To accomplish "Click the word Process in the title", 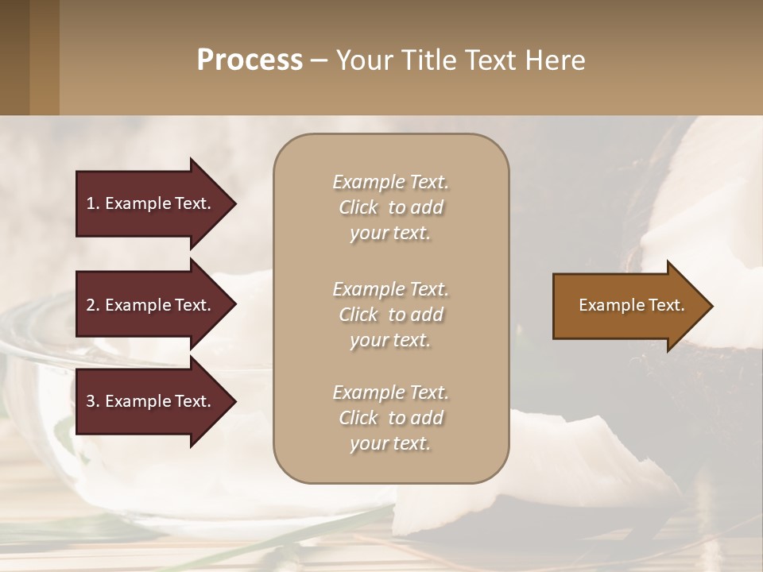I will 250,60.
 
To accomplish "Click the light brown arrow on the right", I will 628,306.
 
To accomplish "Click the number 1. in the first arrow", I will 93,203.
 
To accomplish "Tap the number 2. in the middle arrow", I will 93,305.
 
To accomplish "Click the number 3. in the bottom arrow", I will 93,401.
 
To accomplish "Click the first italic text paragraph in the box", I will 390,207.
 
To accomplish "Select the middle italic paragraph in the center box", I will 390,315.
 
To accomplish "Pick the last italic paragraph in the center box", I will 390,418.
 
